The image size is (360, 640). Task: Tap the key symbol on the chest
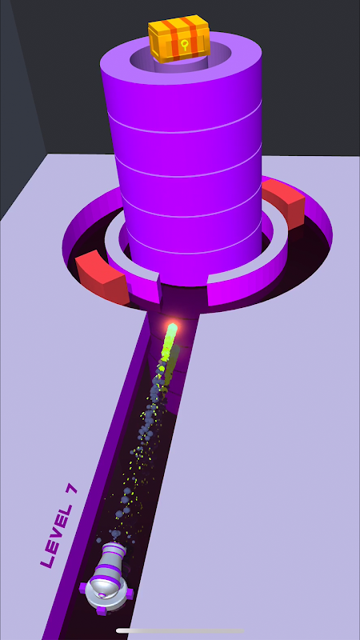(x=185, y=45)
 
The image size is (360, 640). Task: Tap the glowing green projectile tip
(x=172, y=328)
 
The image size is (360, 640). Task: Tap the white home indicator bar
(x=179, y=630)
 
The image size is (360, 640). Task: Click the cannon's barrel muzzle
(x=114, y=548)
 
